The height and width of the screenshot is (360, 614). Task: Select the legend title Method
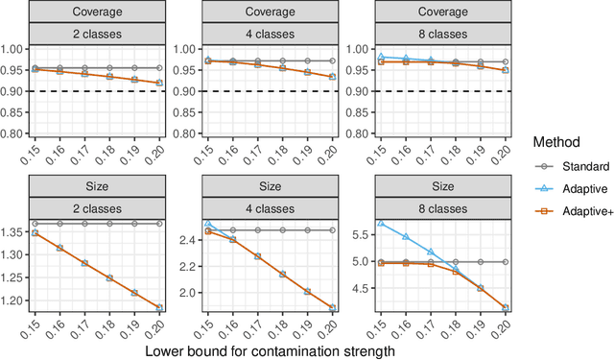(x=557, y=141)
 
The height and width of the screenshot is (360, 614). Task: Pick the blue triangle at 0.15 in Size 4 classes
(x=209, y=224)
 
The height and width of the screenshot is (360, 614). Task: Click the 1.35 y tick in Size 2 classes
(x=16, y=232)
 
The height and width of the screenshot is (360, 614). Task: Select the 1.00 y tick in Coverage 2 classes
(x=16, y=50)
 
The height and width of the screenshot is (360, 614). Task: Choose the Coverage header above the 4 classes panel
(x=272, y=12)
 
